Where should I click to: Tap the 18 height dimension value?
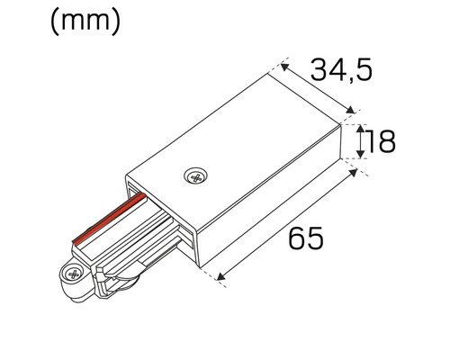[x=382, y=142]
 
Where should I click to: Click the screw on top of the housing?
[x=193, y=176]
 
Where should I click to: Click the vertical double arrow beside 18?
[x=362, y=142]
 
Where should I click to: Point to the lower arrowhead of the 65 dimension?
[x=222, y=275]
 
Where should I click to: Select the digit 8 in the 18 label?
[x=387, y=142]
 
